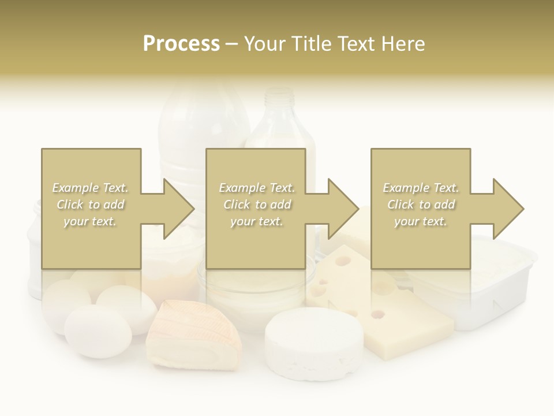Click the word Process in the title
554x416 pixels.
point(181,44)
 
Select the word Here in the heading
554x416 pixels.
point(404,44)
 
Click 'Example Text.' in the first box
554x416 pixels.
point(91,188)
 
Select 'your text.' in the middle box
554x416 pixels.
point(256,221)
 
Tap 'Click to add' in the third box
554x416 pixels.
point(421,205)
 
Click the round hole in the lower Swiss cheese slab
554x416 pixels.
point(378,314)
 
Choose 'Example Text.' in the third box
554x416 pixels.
point(421,188)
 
